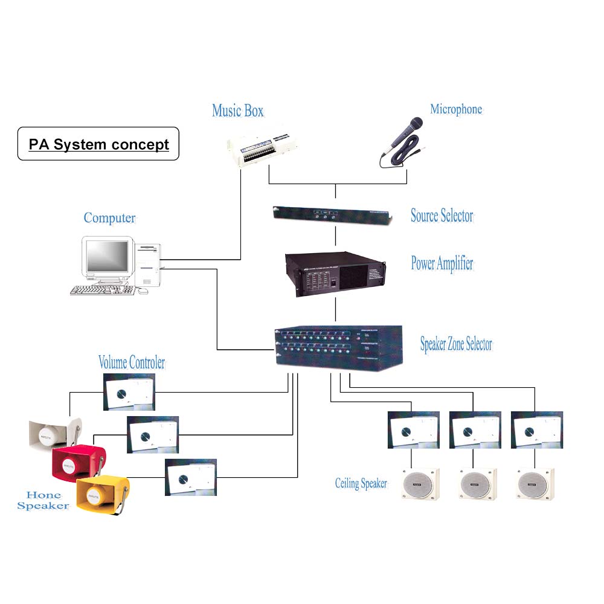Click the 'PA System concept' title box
click(x=98, y=144)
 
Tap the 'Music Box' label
click(x=237, y=111)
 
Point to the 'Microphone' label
click(x=456, y=109)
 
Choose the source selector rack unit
click(x=333, y=213)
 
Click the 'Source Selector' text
click(x=442, y=216)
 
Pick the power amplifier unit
click(x=335, y=274)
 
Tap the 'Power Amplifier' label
click(x=442, y=263)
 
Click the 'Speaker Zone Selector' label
click(x=456, y=344)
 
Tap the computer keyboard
click(x=102, y=290)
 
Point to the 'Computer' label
click(x=109, y=218)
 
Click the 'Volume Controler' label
click(x=131, y=362)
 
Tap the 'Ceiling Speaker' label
click(x=361, y=483)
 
